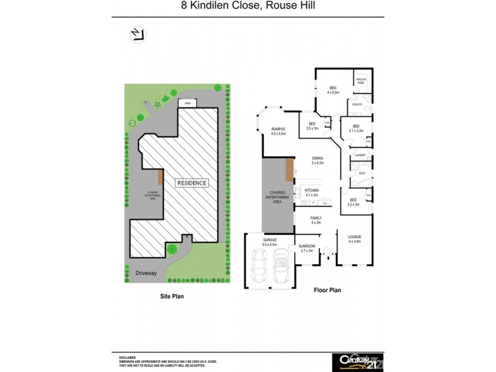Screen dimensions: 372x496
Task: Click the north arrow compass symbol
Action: [x=137, y=35]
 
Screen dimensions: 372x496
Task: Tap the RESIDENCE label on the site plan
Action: [x=193, y=184]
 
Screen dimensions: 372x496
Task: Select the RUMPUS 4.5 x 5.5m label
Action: [x=278, y=131]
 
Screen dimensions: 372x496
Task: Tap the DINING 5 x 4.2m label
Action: [x=317, y=161]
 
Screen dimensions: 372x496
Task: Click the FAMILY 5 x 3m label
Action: [x=316, y=220]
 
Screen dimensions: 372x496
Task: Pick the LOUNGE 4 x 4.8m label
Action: [x=355, y=239]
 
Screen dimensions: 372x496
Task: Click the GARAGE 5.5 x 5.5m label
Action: [x=269, y=241]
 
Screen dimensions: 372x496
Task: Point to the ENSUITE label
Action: [x=356, y=105]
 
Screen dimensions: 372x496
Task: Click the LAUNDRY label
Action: [x=358, y=155]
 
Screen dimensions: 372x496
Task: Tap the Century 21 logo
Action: [x=358, y=360]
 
